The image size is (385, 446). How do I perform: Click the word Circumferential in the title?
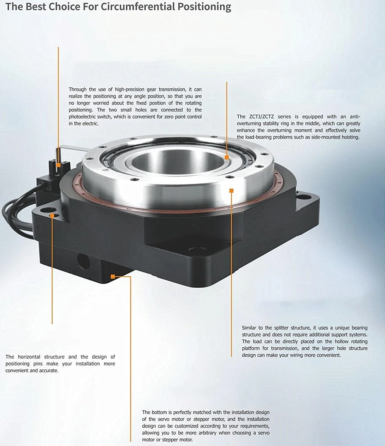pyautogui.click(x=129, y=7)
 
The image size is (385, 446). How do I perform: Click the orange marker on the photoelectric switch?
pyautogui.click(x=58, y=165)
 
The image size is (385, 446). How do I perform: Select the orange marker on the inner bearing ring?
pyautogui.click(x=227, y=157)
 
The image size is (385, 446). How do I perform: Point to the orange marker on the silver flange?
pyautogui.click(x=231, y=190)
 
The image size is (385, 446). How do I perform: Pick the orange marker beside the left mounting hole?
pyautogui.click(x=52, y=216)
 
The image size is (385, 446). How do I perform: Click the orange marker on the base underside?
pyautogui.click(x=113, y=276)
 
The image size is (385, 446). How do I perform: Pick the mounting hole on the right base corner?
pyautogui.click(x=304, y=197)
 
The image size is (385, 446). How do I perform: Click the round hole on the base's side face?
pyautogui.click(x=83, y=262)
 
